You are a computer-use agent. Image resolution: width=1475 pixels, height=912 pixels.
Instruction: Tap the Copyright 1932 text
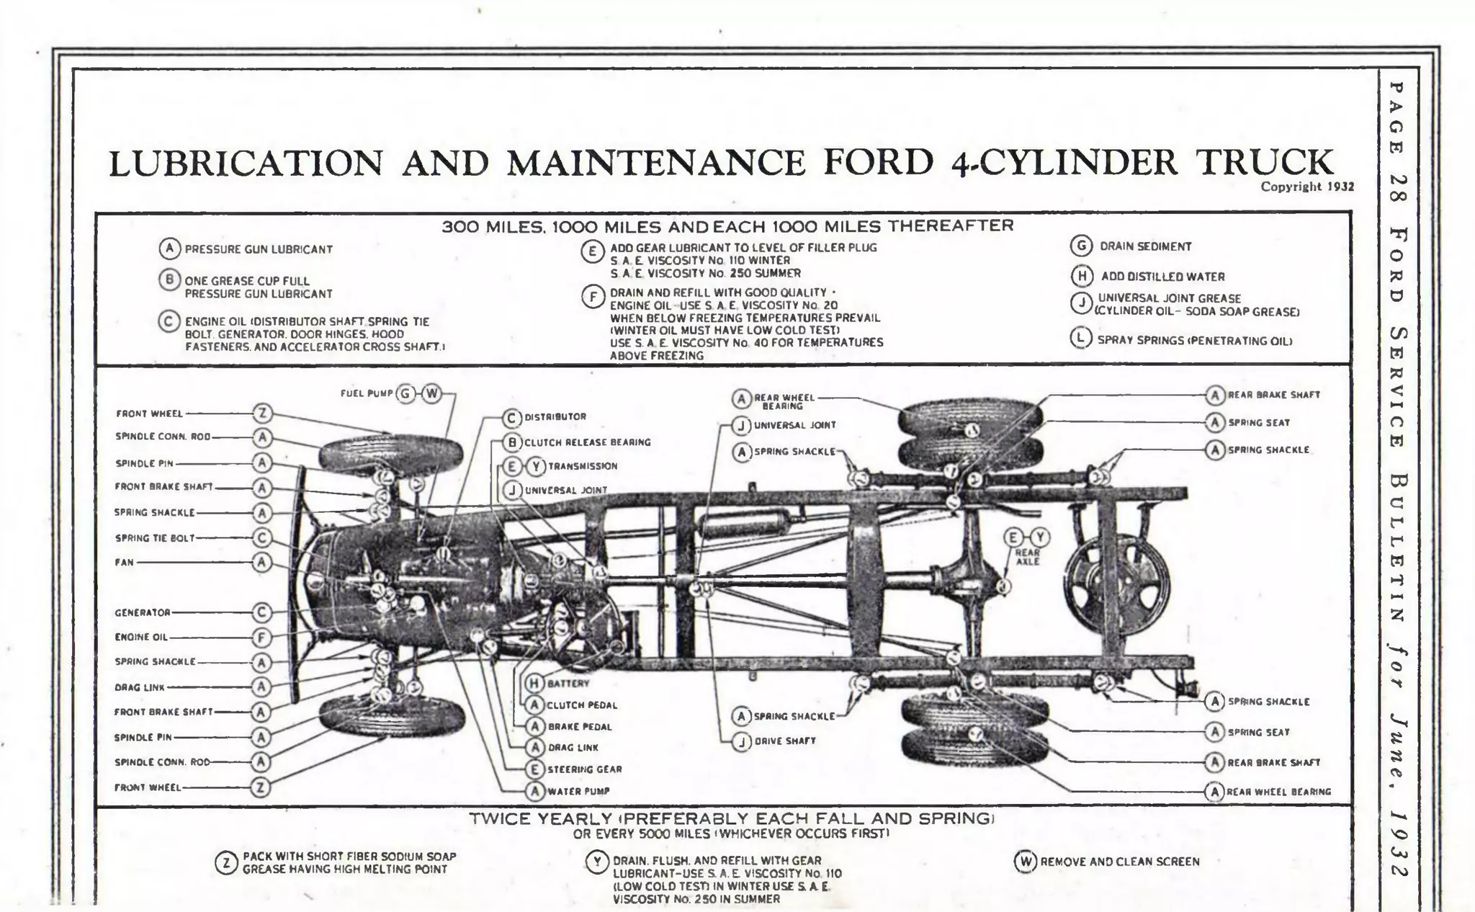pos(1306,187)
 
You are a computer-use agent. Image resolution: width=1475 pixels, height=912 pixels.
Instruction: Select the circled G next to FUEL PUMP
pos(406,393)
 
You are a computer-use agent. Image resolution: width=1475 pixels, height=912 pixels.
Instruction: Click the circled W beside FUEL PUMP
pos(431,393)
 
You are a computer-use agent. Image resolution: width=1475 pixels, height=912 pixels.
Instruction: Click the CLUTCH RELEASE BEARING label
pos(587,442)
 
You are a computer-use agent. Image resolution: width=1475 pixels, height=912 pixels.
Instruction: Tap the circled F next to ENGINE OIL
pos(261,638)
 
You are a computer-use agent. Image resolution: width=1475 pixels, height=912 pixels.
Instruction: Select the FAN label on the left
pos(124,563)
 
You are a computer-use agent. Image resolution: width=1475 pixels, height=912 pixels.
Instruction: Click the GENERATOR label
pos(143,613)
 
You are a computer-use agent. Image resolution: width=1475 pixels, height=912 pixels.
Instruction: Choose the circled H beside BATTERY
pos(534,683)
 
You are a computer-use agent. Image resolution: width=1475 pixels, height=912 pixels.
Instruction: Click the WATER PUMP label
pos(578,791)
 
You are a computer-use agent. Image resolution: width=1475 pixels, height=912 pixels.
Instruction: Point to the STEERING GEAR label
pos(584,769)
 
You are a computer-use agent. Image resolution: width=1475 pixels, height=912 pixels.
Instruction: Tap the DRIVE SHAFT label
pos(785,741)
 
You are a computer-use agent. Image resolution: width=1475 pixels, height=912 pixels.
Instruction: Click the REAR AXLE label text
pos(1027,557)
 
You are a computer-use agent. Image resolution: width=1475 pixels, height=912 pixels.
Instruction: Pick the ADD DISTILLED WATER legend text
pos(1162,277)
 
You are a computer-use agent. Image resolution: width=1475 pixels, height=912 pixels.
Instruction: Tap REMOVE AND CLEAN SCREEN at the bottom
pos(1119,862)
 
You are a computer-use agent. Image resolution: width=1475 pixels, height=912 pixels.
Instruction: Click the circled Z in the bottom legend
pos(226,863)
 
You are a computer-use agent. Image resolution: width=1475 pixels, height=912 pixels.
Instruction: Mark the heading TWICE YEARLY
pos(540,819)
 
